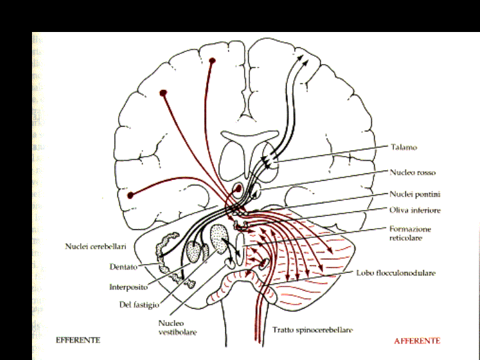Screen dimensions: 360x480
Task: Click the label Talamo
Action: click(404, 147)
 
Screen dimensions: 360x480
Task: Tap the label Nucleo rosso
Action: click(413, 172)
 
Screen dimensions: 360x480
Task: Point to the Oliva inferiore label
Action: click(415, 210)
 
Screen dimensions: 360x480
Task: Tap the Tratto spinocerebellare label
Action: click(313, 329)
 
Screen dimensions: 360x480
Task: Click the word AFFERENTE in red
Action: click(417, 340)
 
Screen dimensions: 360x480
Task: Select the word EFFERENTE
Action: click(78, 340)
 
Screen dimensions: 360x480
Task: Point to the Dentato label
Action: click(123, 267)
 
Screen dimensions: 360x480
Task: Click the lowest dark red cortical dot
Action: click(131, 195)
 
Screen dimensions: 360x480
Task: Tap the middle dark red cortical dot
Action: click(163, 92)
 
